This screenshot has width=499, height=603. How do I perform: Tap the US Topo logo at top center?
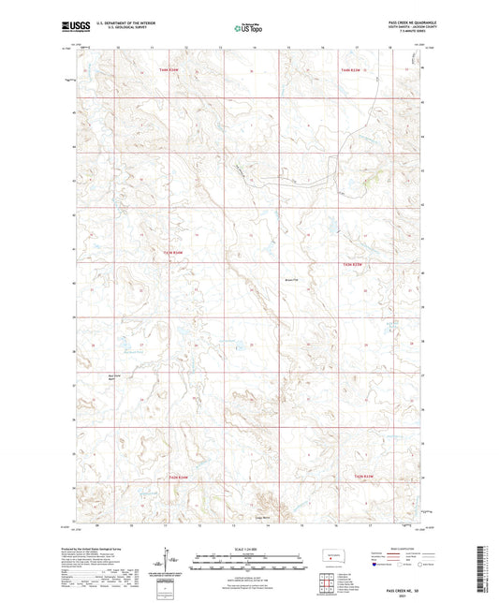tap(248, 28)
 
